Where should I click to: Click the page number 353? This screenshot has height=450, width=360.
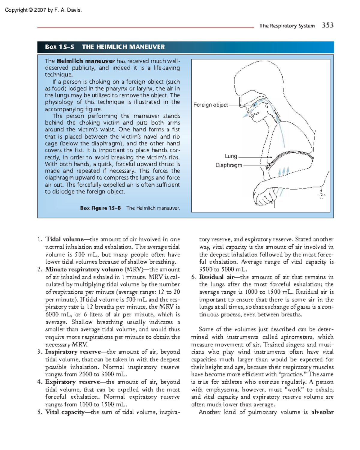pyautogui.click(x=328, y=25)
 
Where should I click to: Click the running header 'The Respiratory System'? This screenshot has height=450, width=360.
pyautogui.click(x=287, y=26)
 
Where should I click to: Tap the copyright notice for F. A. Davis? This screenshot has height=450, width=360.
pyautogui.click(x=43, y=10)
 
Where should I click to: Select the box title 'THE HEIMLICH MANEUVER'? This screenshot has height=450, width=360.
pyautogui.click(x=123, y=47)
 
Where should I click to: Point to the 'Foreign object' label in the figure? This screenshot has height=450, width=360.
pyautogui.click(x=210, y=105)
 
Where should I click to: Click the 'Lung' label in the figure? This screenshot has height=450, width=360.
pyautogui.click(x=231, y=156)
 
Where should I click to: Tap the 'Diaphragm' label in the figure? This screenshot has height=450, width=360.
pyautogui.click(x=229, y=165)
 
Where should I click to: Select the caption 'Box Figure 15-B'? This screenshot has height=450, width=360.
pyautogui.click(x=100, y=208)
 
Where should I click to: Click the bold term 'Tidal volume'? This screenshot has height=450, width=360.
pyautogui.click(x=64, y=239)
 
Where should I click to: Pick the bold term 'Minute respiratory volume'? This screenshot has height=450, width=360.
pyautogui.click(x=84, y=269)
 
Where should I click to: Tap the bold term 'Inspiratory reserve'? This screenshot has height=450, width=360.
pyautogui.click(x=73, y=352)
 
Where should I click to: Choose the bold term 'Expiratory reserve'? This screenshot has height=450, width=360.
pyautogui.click(x=73, y=382)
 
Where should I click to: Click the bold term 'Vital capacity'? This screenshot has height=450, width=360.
pyautogui.click(x=65, y=412)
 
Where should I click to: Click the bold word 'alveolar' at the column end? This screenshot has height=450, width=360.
pyautogui.click(x=322, y=412)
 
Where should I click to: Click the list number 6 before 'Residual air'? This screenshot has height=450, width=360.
pyautogui.click(x=193, y=277)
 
